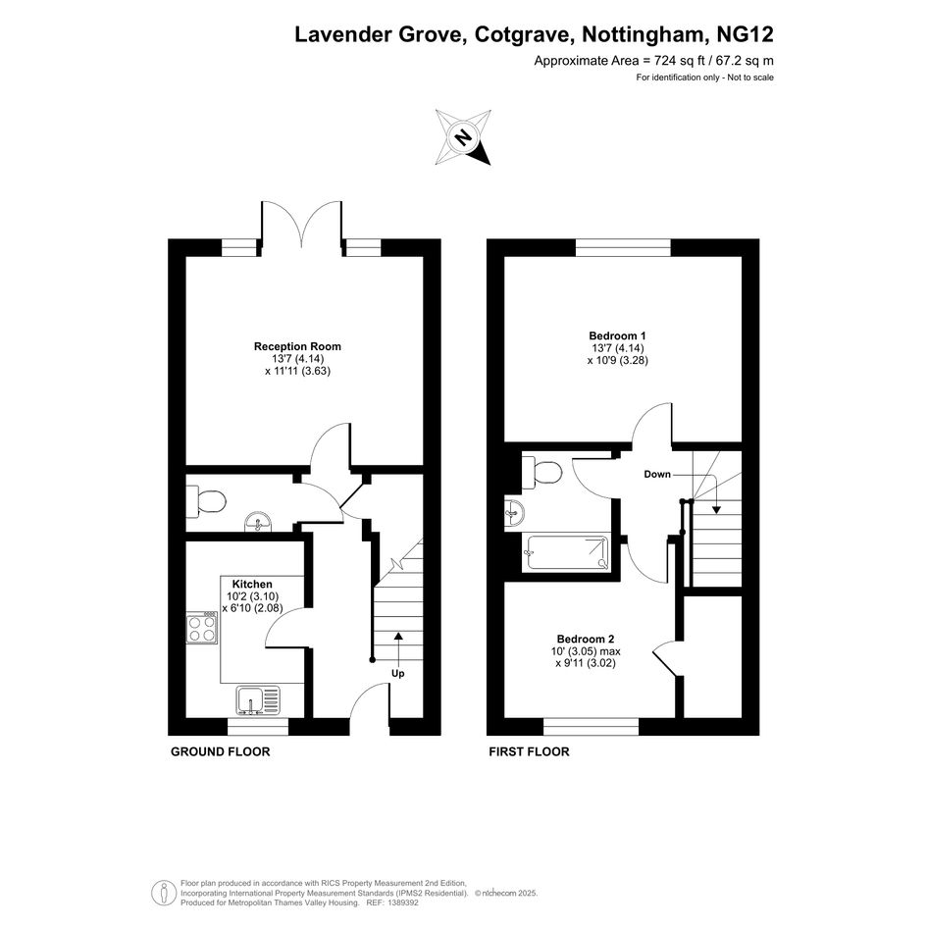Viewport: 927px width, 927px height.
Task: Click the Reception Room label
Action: [x=297, y=346]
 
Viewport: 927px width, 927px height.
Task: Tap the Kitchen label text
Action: [x=252, y=584]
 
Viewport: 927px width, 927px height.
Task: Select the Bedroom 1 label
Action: [x=617, y=335]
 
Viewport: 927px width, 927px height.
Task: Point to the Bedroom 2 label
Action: [x=586, y=639]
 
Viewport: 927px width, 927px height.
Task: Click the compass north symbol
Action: [x=463, y=137]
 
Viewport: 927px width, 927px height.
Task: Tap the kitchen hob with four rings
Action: [x=202, y=627]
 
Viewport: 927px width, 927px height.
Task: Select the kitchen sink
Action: [x=258, y=700]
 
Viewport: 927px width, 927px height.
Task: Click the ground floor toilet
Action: [x=206, y=502]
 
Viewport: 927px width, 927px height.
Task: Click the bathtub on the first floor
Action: [x=566, y=553]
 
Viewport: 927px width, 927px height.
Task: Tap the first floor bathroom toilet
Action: [x=542, y=473]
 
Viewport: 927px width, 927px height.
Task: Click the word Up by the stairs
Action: [x=398, y=673]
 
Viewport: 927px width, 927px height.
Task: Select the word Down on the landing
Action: [x=657, y=474]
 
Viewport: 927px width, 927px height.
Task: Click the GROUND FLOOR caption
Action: [x=221, y=751]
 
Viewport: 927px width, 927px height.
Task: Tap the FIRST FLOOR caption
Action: [x=529, y=751]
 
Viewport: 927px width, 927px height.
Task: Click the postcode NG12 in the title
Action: [x=745, y=34]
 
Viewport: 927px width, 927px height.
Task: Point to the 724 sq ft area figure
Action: [x=682, y=60]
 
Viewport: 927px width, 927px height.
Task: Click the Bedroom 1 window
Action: [x=623, y=248]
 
